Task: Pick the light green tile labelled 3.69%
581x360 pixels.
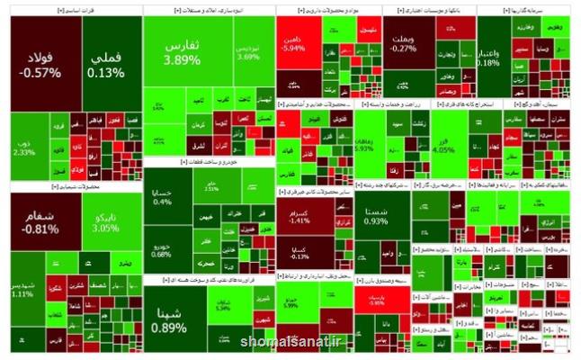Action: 247,49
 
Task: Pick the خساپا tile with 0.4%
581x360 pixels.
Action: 163,197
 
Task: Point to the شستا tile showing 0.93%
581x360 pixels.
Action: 377,216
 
